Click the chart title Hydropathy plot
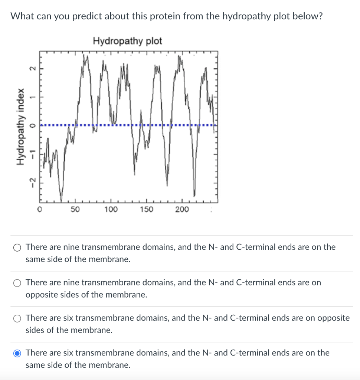pyautogui.click(x=127, y=41)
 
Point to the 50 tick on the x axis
pyautogui.click(x=75, y=210)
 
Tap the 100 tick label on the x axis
pyautogui.click(x=111, y=210)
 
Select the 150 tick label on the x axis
pyautogui.click(x=146, y=210)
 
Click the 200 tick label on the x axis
pyautogui.click(x=182, y=210)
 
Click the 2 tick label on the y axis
pyautogui.click(x=32, y=69)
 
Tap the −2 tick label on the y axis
pyautogui.click(x=32, y=183)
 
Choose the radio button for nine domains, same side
pyautogui.click(x=17, y=248)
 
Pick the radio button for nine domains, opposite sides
pyautogui.click(x=17, y=283)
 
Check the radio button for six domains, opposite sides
pyautogui.click(x=17, y=318)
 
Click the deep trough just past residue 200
pyautogui.click(x=194, y=195)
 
